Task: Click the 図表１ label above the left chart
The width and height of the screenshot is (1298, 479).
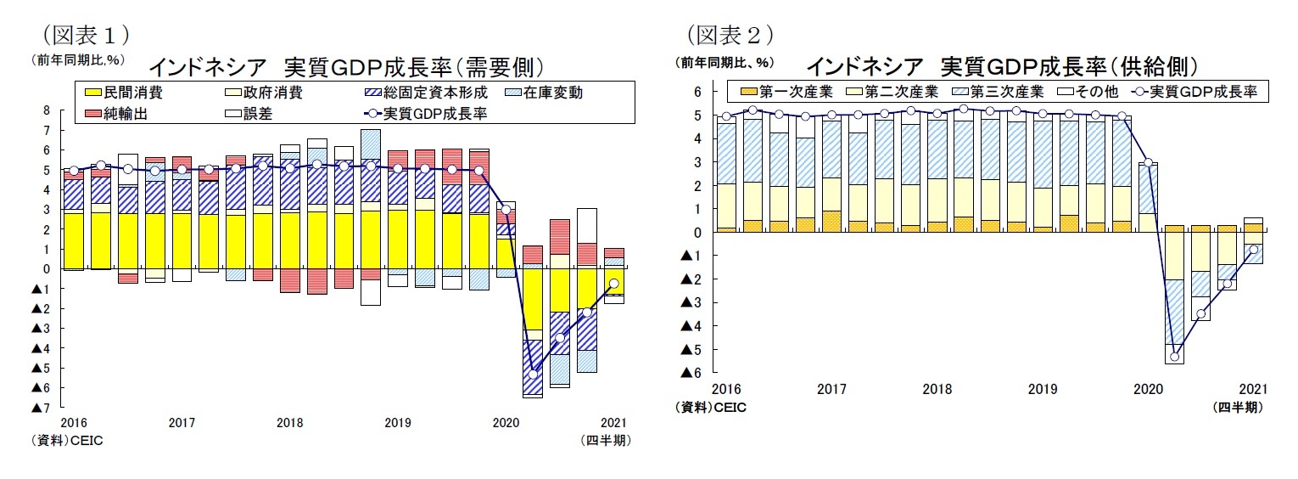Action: pos(80,34)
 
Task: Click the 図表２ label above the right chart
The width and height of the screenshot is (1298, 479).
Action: pos(730,34)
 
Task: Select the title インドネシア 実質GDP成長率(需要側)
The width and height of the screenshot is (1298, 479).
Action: pos(345,66)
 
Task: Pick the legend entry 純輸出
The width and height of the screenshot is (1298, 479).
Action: pos(124,113)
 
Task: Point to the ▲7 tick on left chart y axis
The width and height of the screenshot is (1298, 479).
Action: pos(40,408)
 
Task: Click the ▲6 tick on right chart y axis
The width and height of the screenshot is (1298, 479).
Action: pos(691,373)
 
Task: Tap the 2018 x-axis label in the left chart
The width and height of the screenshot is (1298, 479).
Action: pos(289,422)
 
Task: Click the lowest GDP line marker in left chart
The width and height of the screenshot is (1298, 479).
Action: pos(533,374)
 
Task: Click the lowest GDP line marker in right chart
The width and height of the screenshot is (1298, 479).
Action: pos(1174,357)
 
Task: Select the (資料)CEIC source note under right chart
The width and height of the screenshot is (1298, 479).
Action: pos(711,408)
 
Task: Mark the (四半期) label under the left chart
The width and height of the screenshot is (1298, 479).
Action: pos(606,440)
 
